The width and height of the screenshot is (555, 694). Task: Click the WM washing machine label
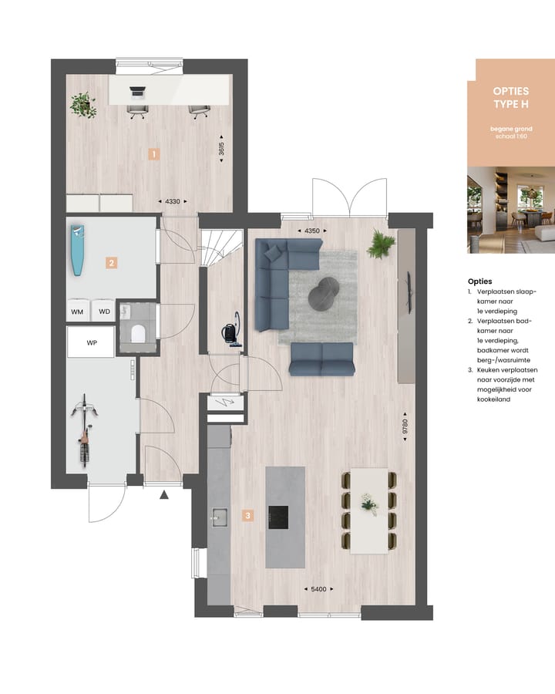pyautogui.click(x=77, y=312)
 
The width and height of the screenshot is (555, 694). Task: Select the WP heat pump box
pyautogui.click(x=92, y=342)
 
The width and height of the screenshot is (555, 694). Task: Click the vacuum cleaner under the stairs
pyautogui.click(x=231, y=331)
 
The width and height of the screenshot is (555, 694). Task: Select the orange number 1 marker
pyautogui.click(x=153, y=154)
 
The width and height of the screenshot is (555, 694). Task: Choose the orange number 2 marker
pyautogui.click(x=112, y=263)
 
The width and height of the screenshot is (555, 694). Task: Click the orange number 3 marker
pyautogui.click(x=247, y=515)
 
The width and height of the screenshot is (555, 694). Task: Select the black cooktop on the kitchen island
pyautogui.click(x=278, y=517)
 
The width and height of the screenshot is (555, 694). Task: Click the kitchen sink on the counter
pyautogui.click(x=218, y=517)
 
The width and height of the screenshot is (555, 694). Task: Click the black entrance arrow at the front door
pyautogui.click(x=163, y=495)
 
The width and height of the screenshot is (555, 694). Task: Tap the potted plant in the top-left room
pyautogui.click(x=82, y=104)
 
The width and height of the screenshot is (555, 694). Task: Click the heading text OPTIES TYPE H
pyautogui.click(x=511, y=97)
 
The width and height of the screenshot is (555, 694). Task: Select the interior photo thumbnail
pyautogui.click(x=511, y=210)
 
